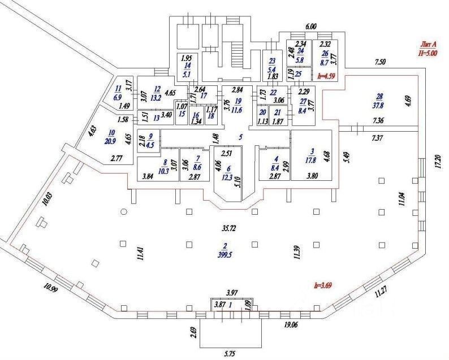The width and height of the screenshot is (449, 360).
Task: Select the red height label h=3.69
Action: (x=323, y=285)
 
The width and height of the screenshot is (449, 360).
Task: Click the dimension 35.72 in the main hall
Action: (x=229, y=228)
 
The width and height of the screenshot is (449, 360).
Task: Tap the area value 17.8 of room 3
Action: (x=310, y=158)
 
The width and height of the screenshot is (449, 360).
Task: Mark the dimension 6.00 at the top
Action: (x=310, y=27)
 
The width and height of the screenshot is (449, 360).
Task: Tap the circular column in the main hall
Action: (x=123, y=211)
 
